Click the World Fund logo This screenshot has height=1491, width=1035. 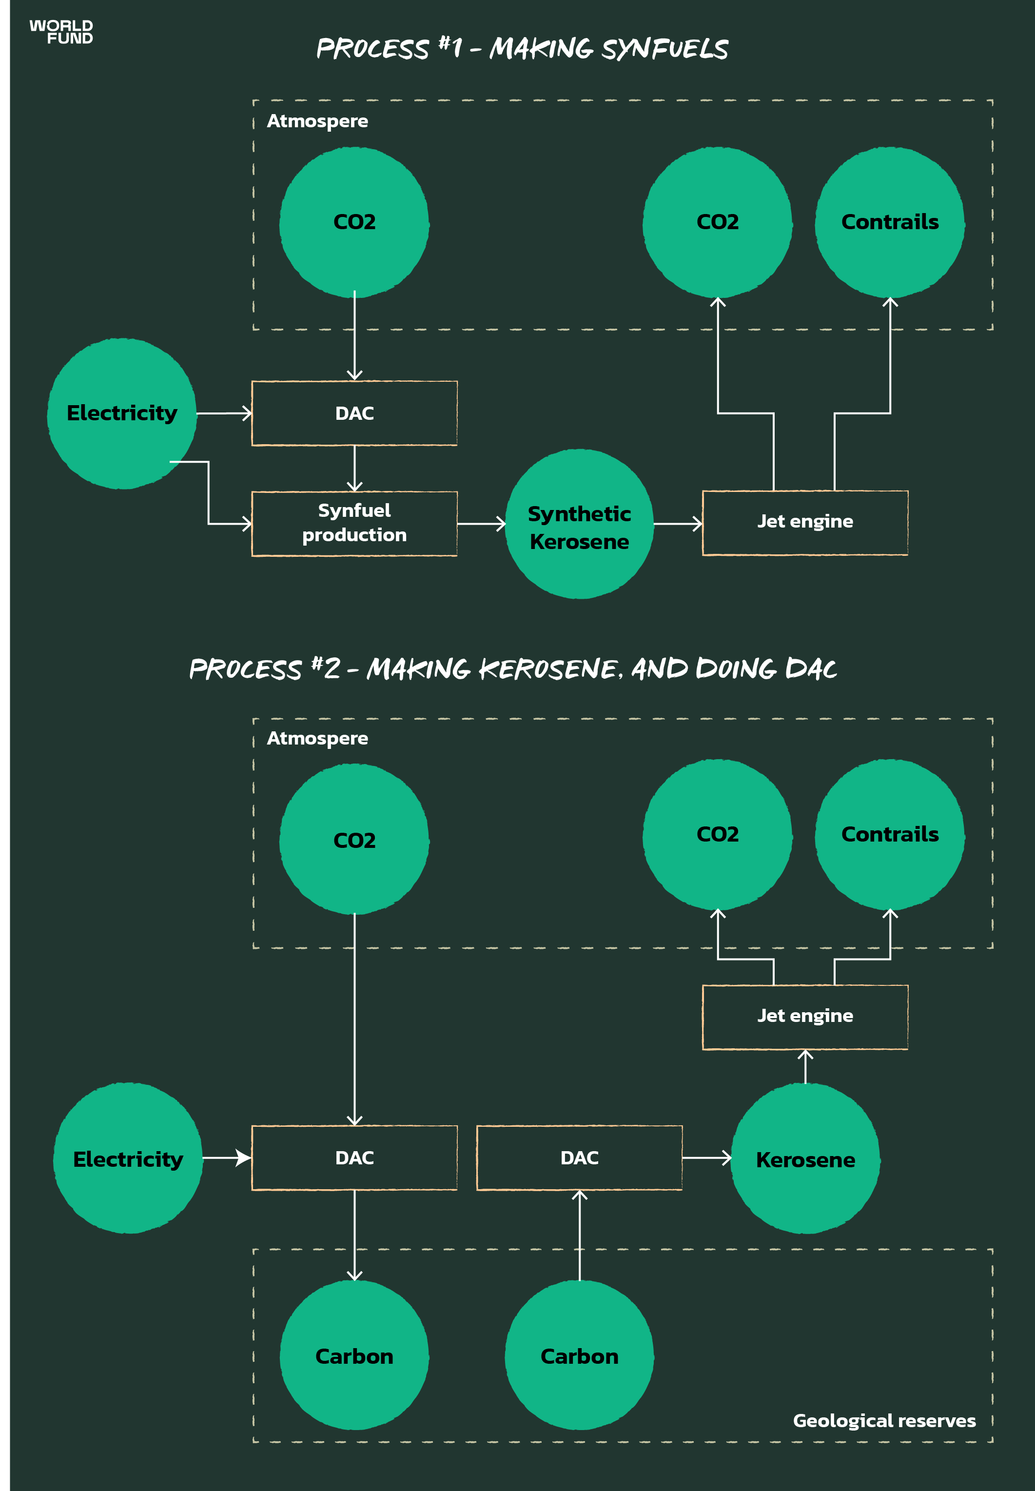point(61,32)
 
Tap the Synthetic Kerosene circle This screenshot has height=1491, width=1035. point(579,524)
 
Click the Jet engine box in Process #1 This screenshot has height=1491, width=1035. point(805,523)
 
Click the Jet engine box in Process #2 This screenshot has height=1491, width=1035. point(805,1016)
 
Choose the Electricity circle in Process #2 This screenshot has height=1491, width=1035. point(128,1158)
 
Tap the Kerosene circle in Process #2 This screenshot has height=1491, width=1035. point(805,1158)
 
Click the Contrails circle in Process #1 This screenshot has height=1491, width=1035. point(890,222)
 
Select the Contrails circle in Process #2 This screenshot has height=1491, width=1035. point(890,835)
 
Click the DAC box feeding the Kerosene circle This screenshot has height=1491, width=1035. point(579,1157)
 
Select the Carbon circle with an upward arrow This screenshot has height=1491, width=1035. point(579,1355)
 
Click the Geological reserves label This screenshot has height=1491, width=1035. point(884,1421)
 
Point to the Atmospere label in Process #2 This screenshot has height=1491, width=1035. point(317,739)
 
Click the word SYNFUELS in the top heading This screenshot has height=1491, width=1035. point(664,49)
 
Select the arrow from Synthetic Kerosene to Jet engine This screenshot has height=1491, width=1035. point(677,523)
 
